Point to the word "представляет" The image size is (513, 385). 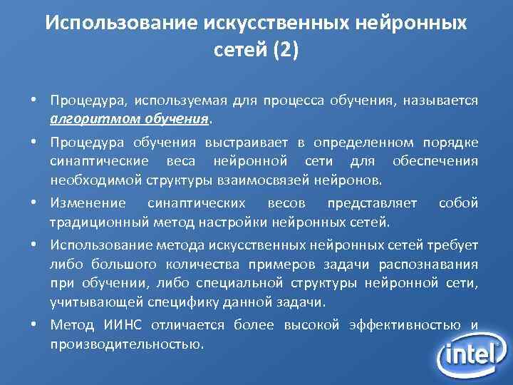click(x=372, y=204)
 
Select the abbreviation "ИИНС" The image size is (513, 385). click(x=122, y=326)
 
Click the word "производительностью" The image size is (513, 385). click(x=126, y=344)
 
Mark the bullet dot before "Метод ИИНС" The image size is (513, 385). click(x=34, y=324)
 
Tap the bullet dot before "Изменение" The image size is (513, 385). click(x=34, y=202)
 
